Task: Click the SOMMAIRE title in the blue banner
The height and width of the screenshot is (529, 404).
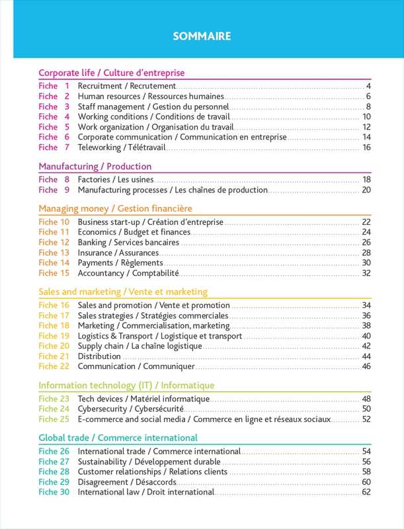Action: pos(202,36)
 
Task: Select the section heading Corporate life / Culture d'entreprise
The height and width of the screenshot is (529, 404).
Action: pos(111,73)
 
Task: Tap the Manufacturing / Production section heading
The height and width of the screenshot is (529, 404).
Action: pos(95,166)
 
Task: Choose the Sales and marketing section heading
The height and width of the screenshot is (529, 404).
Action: pos(123,292)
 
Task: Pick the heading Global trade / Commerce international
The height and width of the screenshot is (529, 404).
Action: pos(118,438)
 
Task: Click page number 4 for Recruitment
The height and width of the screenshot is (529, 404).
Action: pos(368,86)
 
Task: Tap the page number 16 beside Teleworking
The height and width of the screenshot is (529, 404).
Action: pos(366,147)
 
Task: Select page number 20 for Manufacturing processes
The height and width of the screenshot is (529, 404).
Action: pos(366,190)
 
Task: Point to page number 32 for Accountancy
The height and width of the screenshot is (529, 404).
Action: pos(366,273)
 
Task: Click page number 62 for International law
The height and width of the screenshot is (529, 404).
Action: pos(366,492)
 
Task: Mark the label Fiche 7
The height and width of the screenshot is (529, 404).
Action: pos(54,147)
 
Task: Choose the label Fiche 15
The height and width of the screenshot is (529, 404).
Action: pos(54,273)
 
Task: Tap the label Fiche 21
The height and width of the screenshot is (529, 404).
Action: pos(54,356)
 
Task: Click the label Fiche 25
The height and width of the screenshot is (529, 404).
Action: pos(54,419)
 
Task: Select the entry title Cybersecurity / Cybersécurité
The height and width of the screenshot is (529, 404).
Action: pos(130,409)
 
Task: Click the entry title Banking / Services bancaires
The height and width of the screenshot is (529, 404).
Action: pos(128,243)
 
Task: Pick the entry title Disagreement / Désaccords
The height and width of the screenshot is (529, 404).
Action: pos(127,482)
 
